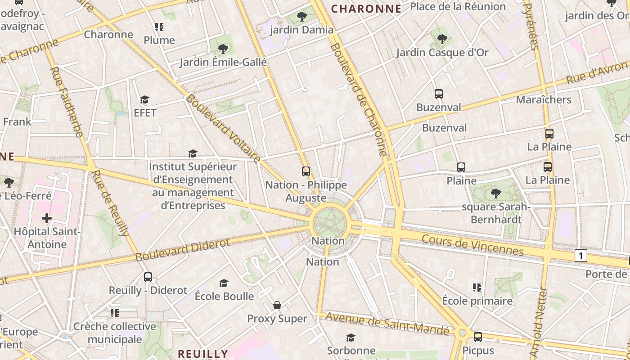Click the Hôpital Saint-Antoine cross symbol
coord(46,218)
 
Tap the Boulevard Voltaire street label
coord(223,128)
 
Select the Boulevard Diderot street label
coord(183,249)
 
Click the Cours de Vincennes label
coord(472,245)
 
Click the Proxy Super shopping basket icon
coord(277,305)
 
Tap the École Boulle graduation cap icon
coord(224,283)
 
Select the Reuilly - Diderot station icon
coord(148,277)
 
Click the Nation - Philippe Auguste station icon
coord(306,171)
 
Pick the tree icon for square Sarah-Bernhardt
coord(496,193)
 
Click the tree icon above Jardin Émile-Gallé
coord(223,49)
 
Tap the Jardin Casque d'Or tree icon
coord(442,39)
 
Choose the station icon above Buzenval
coord(439,94)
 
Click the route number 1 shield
coord(580,256)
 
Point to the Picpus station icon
coord(478,337)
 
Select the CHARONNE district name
coord(366,9)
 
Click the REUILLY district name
coord(202,353)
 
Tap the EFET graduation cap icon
coord(144,99)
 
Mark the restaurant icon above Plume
coord(159,27)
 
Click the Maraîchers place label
coord(544,99)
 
